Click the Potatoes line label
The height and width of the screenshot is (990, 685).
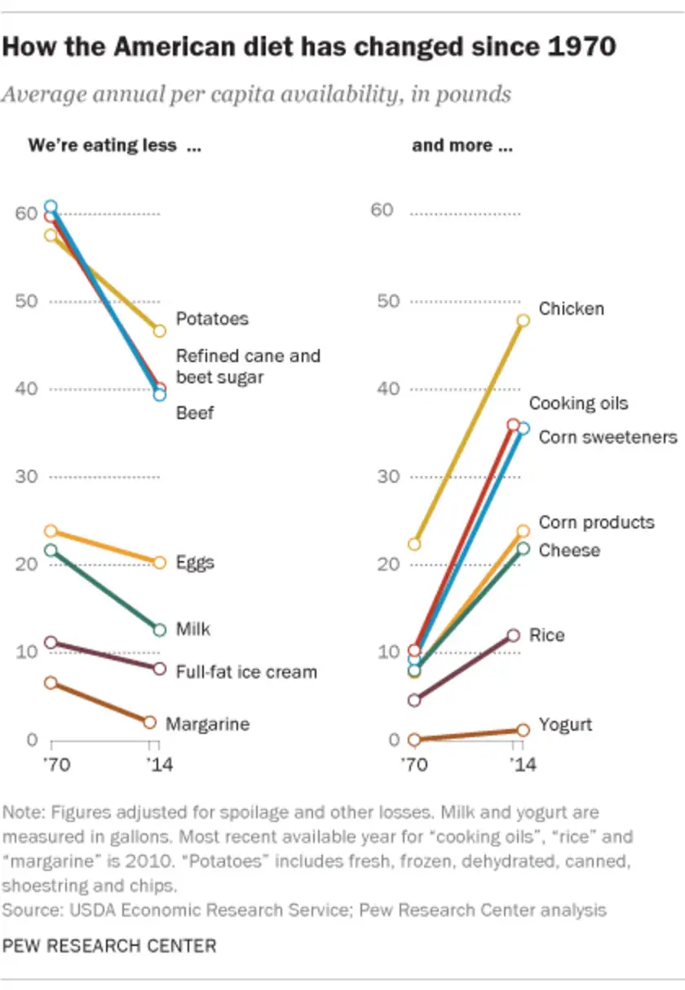(x=212, y=319)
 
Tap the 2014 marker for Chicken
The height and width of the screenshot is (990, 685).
(x=523, y=320)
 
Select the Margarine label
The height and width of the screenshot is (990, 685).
(x=207, y=724)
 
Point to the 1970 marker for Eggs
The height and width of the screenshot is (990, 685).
(x=51, y=532)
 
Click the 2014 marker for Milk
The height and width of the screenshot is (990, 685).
(x=159, y=630)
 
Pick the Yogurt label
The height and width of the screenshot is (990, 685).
(x=565, y=725)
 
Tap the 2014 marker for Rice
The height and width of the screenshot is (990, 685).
(x=513, y=635)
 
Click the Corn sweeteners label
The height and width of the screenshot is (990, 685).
(x=608, y=437)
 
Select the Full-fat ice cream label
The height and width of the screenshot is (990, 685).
(x=246, y=672)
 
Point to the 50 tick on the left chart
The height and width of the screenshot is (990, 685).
(x=28, y=301)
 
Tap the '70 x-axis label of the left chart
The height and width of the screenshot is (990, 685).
(x=52, y=766)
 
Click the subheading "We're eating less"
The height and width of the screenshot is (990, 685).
(x=103, y=146)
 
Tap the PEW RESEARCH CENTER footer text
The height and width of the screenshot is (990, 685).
(x=110, y=946)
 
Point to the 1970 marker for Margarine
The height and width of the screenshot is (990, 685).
(x=51, y=683)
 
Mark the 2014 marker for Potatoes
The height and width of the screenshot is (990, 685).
(x=159, y=331)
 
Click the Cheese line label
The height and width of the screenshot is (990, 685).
(x=569, y=550)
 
